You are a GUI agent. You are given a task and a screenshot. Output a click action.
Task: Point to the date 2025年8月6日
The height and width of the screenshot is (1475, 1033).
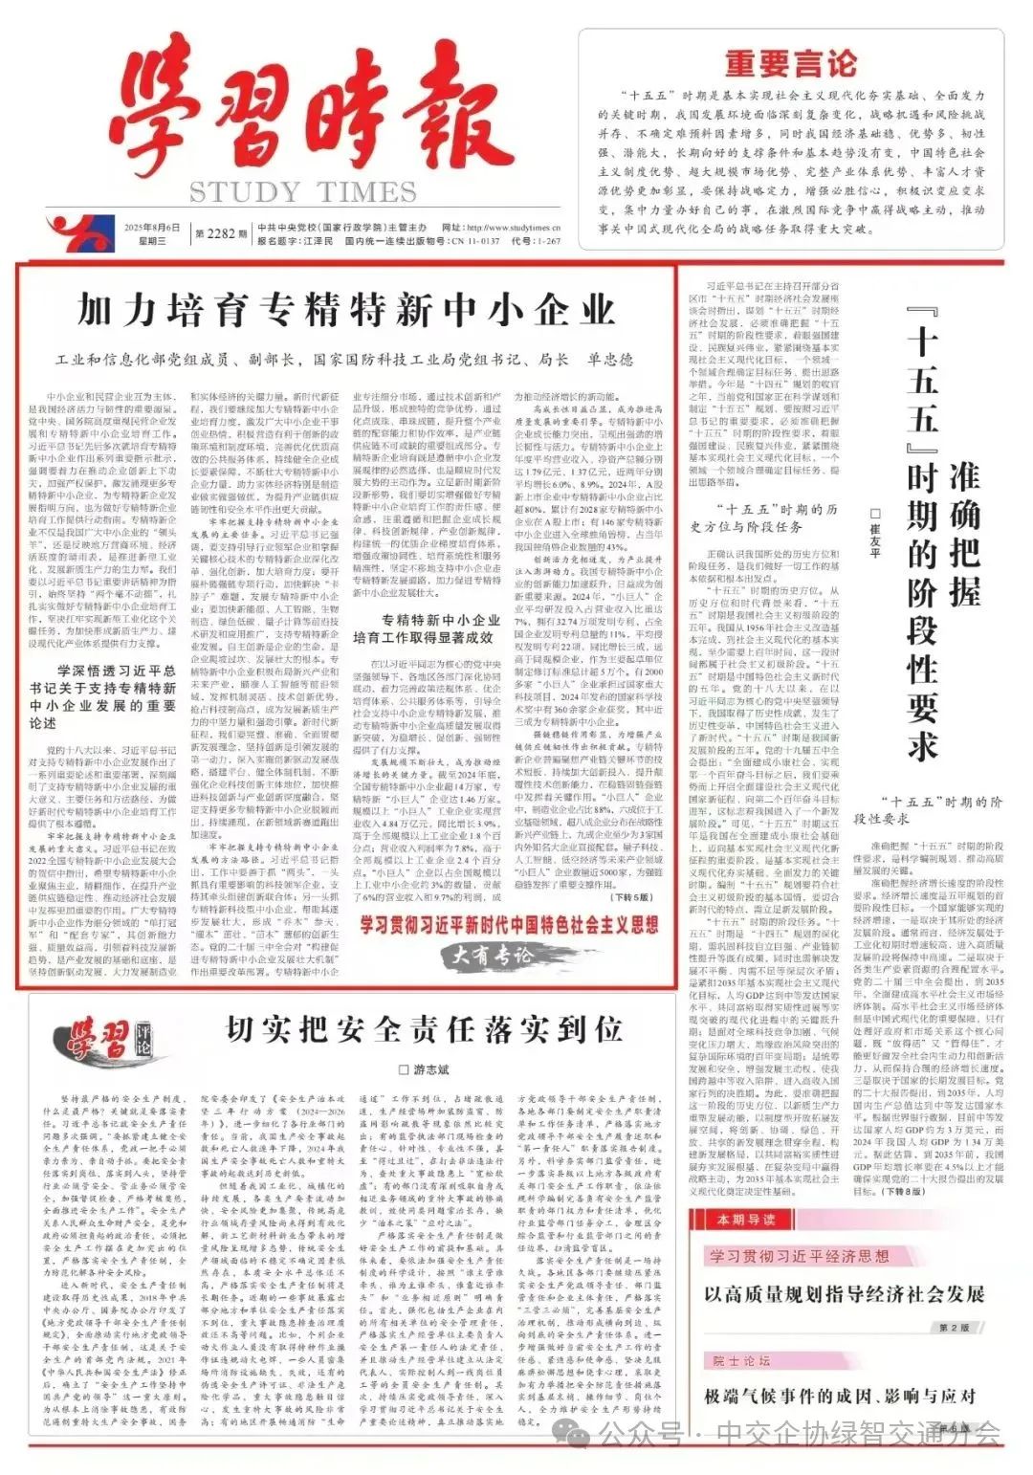[x=151, y=228]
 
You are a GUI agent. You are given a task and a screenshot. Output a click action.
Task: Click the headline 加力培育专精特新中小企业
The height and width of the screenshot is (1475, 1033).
[x=346, y=311]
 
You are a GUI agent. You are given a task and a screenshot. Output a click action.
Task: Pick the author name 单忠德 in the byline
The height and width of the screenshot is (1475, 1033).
[x=610, y=360]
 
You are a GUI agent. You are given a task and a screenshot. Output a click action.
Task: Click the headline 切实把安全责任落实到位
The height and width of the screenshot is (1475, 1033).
[x=424, y=1029]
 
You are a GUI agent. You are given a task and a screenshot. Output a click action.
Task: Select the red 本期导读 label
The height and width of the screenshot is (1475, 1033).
[x=747, y=1220]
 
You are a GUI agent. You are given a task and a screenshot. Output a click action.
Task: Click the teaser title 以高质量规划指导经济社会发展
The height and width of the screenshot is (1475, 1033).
[x=845, y=1294]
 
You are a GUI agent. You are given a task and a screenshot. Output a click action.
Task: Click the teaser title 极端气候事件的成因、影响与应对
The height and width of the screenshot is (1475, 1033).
[x=840, y=1397]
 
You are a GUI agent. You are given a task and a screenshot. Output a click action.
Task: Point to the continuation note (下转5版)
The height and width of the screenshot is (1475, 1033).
[x=632, y=897]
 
